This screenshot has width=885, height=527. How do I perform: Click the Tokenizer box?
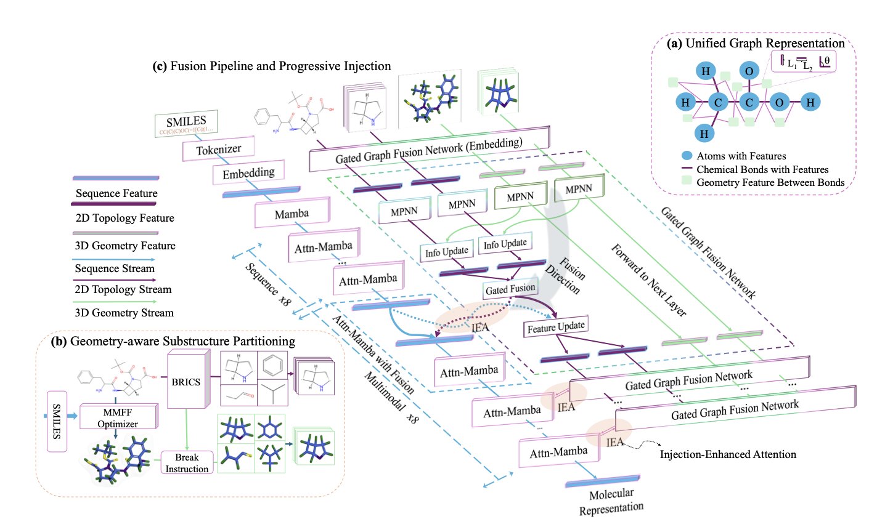(218, 150)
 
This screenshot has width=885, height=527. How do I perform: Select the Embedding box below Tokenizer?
(248, 174)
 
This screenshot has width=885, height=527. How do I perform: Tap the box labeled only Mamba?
(292, 214)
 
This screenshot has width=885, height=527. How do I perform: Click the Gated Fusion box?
(510, 289)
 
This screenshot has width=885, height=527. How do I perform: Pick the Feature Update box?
(556, 328)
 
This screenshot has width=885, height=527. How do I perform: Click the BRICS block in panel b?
(186, 382)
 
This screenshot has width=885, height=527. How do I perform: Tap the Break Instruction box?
(187, 463)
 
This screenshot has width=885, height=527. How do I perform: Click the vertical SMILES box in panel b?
(57, 421)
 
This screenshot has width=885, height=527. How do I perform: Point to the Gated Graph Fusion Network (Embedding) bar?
(428, 150)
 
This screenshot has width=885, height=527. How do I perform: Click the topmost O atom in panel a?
(749, 71)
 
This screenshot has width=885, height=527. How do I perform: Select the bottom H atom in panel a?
(704, 133)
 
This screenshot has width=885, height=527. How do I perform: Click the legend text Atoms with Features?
(741, 156)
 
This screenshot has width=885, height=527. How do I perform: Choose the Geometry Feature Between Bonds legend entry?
(770, 182)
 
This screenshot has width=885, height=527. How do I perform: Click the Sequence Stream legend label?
(115, 268)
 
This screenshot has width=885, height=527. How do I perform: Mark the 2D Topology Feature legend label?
(124, 218)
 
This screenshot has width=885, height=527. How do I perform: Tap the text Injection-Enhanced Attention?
(728, 454)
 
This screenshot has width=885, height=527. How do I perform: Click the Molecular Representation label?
(611, 501)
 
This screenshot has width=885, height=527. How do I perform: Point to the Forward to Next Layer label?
(648, 280)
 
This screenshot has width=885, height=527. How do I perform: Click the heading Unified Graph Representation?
(764, 44)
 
